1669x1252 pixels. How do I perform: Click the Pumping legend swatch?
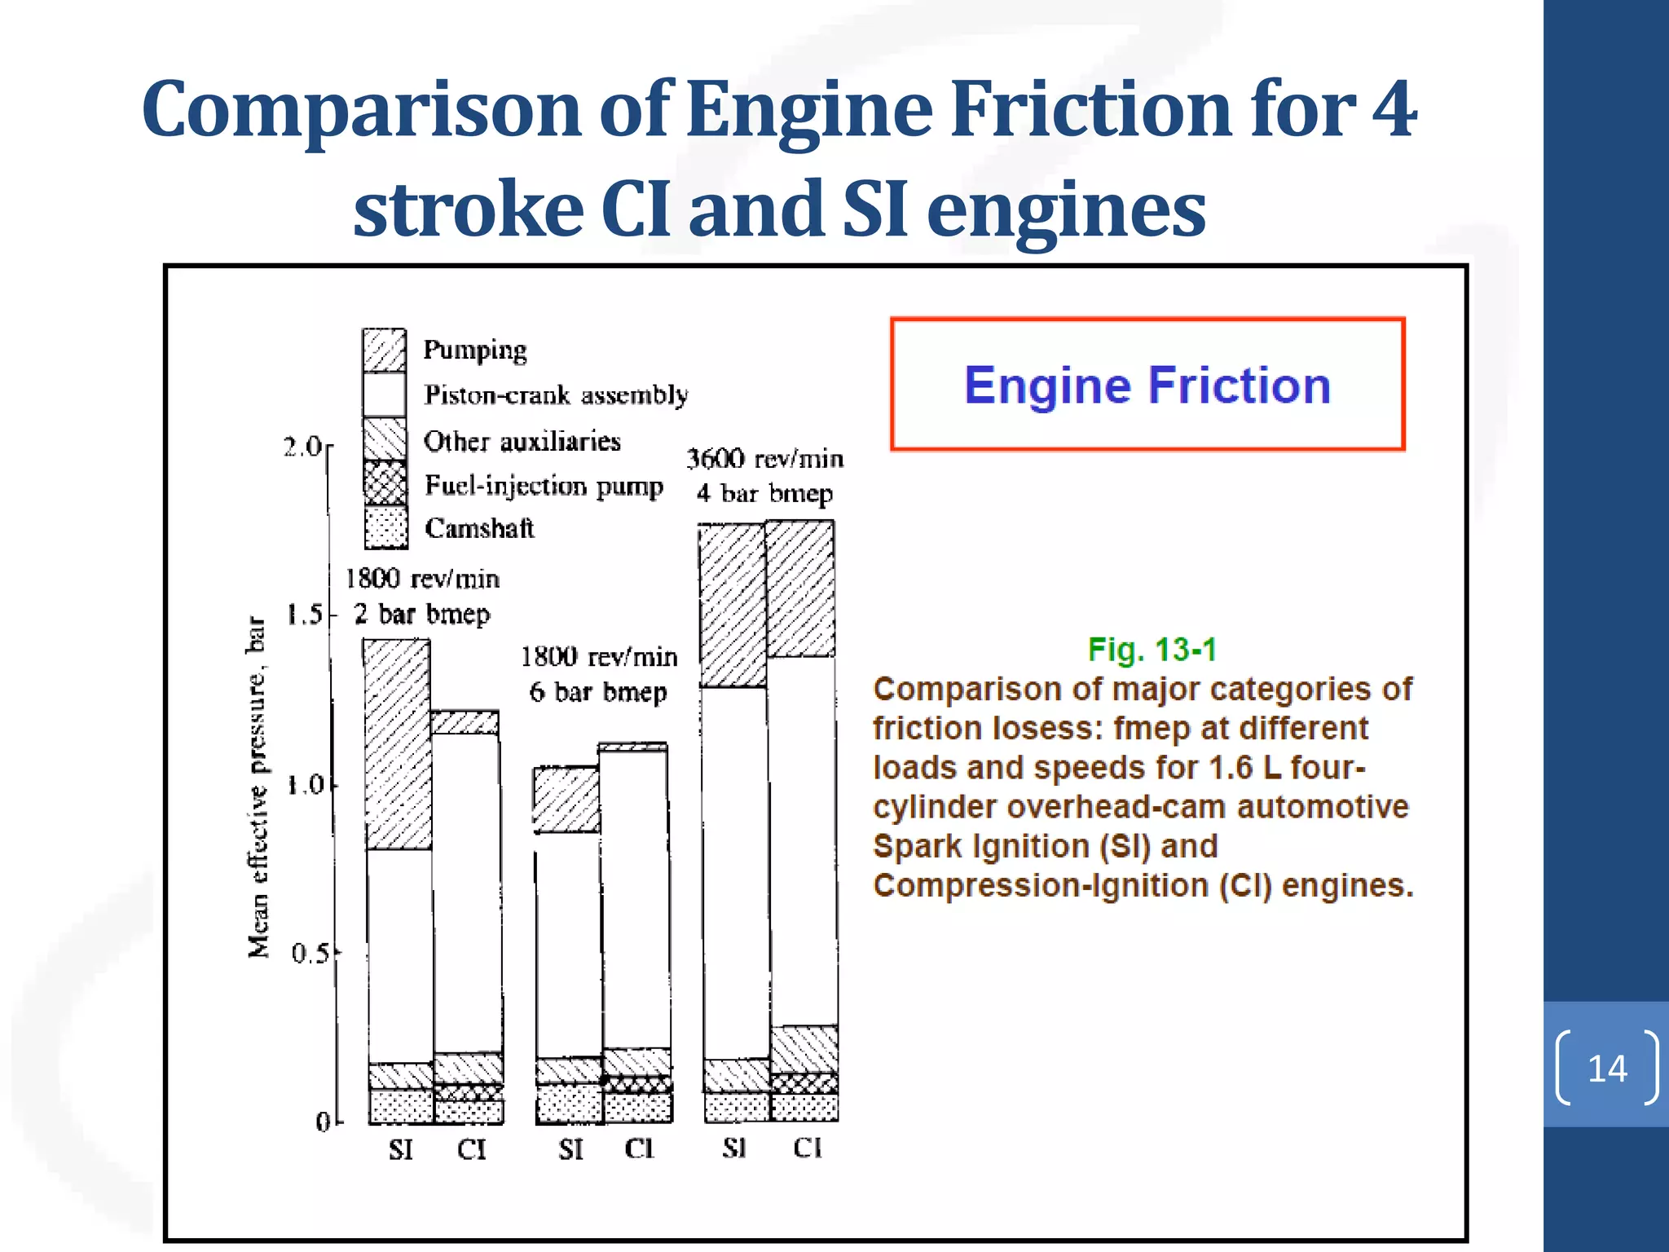click(384, 350)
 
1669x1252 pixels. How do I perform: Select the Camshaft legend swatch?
click(385, 527)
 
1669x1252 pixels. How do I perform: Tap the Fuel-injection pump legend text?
click(544, 486)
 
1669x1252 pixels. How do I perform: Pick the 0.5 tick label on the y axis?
click(310, 953)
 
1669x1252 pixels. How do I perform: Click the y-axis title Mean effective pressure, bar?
click(258, 787)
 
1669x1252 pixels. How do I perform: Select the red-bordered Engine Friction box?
click(1147, 384)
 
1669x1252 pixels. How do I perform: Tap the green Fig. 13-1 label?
click(1152, 650)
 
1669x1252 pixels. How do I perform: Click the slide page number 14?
click(1606, 1069)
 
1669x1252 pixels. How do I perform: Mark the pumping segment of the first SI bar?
click(398, 743)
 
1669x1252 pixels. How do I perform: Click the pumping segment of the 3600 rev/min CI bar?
click(800, 589)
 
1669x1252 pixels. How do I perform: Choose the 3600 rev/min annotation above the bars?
click(764, 459)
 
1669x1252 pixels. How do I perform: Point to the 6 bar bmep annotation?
click(598, 692)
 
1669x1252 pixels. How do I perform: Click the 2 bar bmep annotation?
click(422, 614)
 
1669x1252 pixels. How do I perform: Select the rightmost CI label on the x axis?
click(807, 1148)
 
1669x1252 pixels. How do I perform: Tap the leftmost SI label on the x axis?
click(400, 1149)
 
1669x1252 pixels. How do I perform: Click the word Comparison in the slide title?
click(361, 109)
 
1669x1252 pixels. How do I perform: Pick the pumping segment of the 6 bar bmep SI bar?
click(566, 799)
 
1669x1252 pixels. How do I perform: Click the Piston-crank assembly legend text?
click(556, 395)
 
